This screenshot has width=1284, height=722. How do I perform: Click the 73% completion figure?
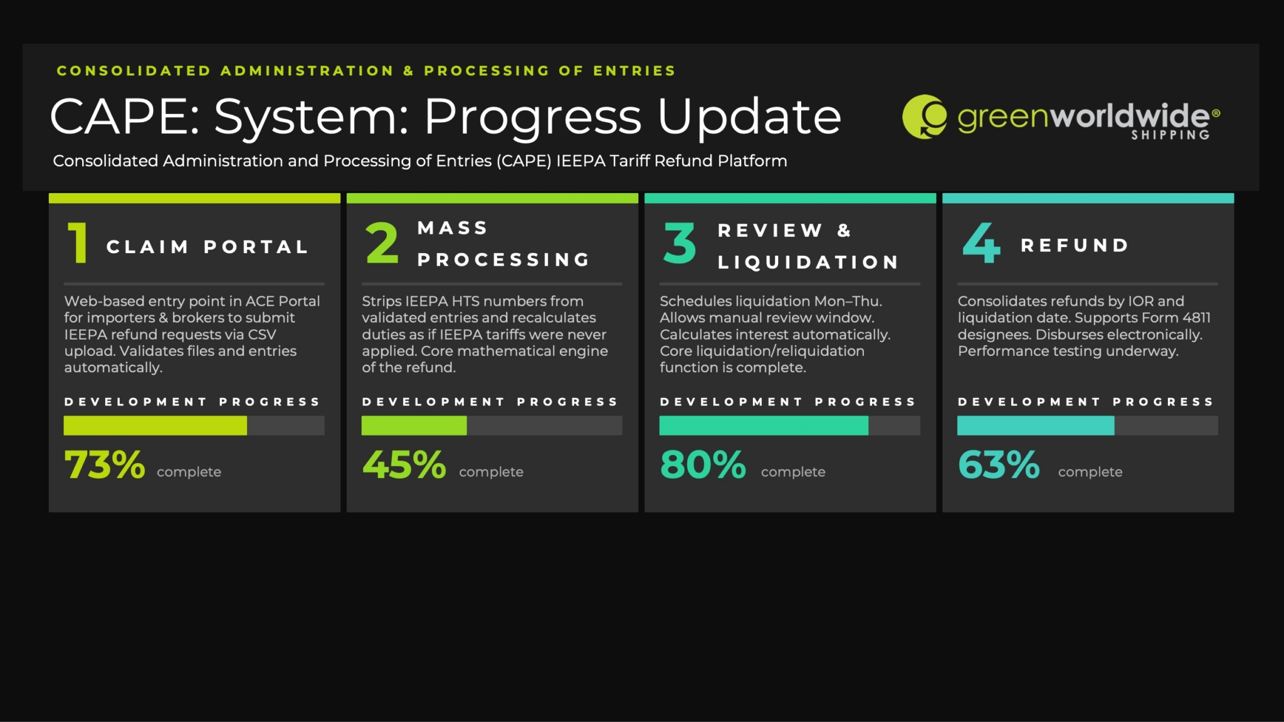[105, 465]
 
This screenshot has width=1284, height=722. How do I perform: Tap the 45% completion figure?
[404, 465]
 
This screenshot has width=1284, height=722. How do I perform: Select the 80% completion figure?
[703, 465]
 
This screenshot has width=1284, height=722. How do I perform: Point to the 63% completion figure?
[999, 465]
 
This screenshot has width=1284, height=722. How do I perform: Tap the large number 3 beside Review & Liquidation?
[680, 243]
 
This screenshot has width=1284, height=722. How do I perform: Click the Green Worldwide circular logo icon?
[925, 117]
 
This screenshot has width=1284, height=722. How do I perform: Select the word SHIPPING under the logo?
[1171, 135]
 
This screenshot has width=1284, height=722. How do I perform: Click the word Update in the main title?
[749, 117]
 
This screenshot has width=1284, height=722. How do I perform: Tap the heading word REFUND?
[1075, 246]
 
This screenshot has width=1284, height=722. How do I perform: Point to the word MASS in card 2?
[453, 228]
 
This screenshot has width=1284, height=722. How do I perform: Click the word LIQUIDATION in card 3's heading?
[808, 263]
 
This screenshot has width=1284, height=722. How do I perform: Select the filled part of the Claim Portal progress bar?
[155, 426]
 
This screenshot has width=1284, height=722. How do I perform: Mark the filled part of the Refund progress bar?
[1036, 426]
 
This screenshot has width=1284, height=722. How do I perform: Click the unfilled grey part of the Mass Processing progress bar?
[545, 426]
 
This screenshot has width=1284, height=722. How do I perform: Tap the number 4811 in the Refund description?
[1196, 318]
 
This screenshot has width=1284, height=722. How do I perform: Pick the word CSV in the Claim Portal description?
[262, 335]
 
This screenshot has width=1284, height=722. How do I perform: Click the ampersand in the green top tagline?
[409, 71]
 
